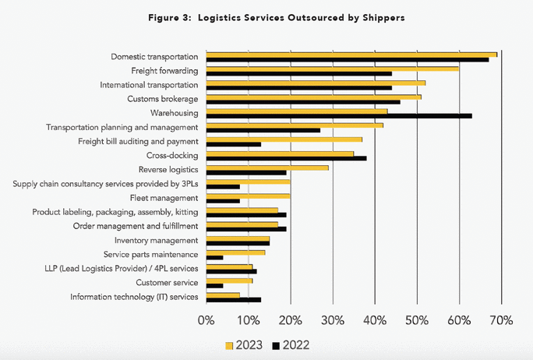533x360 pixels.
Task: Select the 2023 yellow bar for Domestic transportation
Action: point(351,54)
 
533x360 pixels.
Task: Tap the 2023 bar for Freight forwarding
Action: point(333,68)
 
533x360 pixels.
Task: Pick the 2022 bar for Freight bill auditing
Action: point(233,143)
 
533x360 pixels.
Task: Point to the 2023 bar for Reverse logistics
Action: point(267,167)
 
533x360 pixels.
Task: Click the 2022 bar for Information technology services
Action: point(233,299)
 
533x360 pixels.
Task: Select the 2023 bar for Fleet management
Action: point(248,196)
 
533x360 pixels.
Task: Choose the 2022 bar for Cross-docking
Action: point(286,158)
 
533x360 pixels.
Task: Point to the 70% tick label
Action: point(501,320)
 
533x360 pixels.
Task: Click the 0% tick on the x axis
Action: point(206,320)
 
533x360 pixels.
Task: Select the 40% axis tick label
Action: point(375,320)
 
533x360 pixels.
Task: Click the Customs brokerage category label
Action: point(162,99)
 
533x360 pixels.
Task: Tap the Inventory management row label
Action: point(157,240)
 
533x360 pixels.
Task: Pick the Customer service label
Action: point(167,282)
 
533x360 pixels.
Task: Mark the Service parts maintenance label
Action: point(151,254)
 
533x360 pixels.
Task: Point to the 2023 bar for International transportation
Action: point(316,83)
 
